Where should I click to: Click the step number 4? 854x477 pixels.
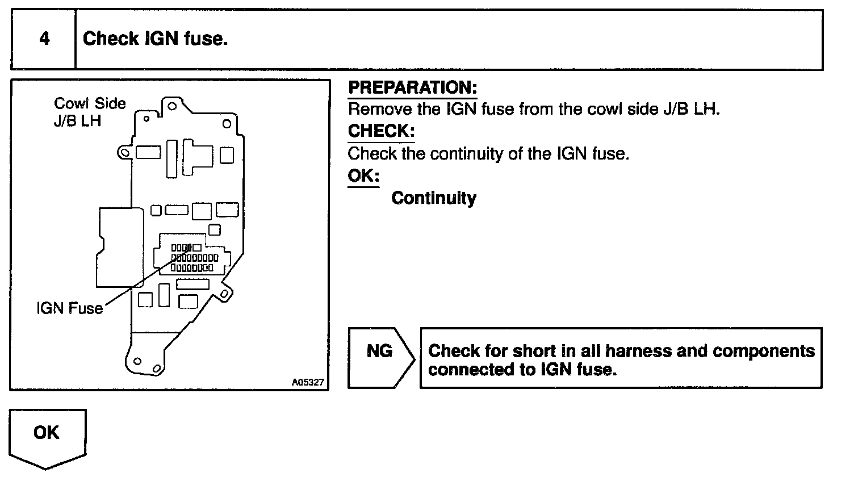pos(44,39)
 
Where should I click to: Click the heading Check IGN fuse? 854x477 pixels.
pos(155,39)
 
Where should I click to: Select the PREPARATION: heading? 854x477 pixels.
pos(412,88)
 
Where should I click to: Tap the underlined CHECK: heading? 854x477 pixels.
pos(381,131)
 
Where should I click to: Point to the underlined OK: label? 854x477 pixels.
pos(363,175)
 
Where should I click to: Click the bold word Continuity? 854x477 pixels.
pos(434,198)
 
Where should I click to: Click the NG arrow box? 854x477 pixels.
pos(379,358)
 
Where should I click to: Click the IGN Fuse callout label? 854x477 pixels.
pos(69,308)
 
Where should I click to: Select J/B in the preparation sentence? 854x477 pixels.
pos(677,109)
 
